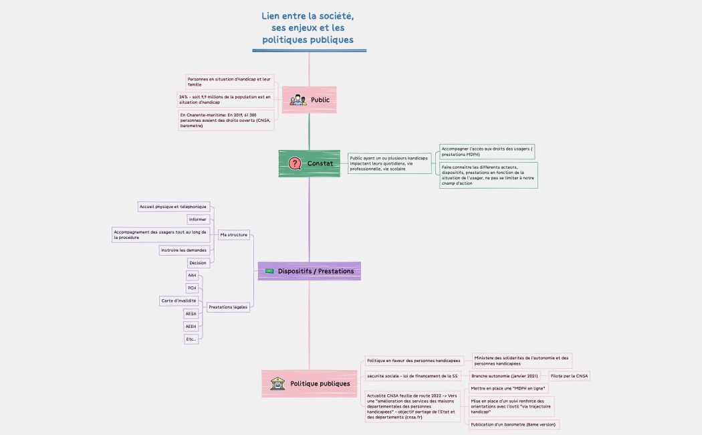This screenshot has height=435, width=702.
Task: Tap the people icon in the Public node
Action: [298, 100]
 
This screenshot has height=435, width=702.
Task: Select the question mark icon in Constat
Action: [294, 163]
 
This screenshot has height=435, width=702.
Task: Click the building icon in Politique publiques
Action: [277, 383]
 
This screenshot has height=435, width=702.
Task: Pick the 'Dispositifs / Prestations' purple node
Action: [310, 270]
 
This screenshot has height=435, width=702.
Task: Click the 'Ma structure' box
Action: [233, 235]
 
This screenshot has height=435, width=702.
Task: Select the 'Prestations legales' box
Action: [228, 307]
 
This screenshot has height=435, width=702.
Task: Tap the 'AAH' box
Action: [192, 276]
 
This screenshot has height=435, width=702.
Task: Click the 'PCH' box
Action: [192, 288]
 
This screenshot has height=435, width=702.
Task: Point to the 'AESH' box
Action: [191, 313]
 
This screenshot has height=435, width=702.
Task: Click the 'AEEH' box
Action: [191, 327]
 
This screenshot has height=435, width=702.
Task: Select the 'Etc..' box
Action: [191, 339]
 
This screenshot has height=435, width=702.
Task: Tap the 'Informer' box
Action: [198, 219]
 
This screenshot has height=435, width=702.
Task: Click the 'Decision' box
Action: [198, 263]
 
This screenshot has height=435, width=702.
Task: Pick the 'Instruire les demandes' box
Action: [184, 250]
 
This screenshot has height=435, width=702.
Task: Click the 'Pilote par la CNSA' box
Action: [569, 376]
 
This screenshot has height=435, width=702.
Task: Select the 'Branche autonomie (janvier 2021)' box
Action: [505, 376]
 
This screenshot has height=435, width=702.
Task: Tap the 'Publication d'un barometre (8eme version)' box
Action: [513, 424]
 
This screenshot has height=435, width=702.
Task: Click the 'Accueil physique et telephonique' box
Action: [173, 207]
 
